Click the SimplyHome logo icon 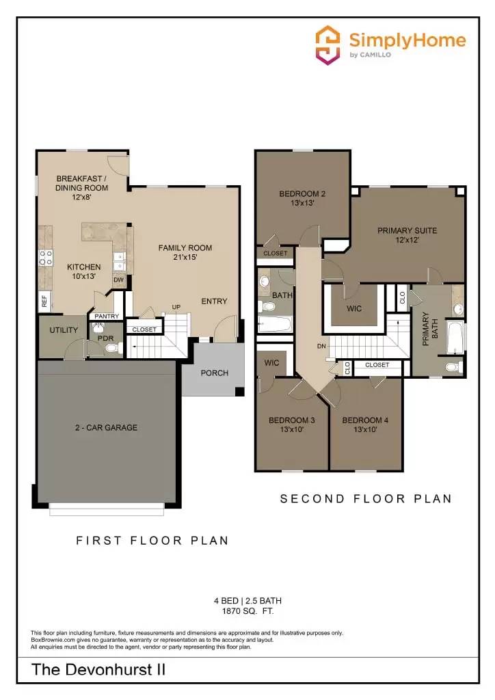[x=328, y=45]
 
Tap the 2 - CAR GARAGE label [x=106, y=428]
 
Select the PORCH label [x=214, y=373]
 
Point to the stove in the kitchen [x=46, y=258]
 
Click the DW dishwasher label [x=118, y=280]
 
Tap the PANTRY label [x=107, y=316]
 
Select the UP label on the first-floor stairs [x=176, y=307]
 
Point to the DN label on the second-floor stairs [x=321, y=347]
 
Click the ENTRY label [x=214, y=301]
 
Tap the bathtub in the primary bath [x=455, y=338]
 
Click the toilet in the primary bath [x=453, y=367]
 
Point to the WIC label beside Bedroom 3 [x=272, y=363]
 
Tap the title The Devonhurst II [x=98, y=670]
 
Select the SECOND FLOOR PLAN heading [x=366, y=499]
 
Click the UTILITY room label [x=64, y=330]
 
